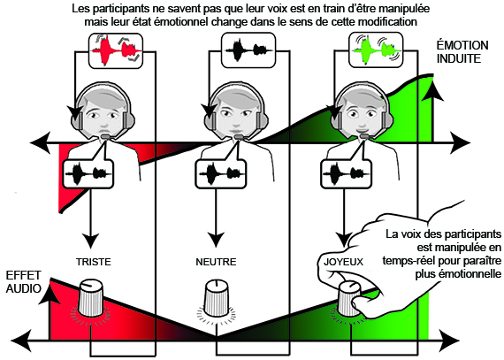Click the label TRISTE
[94, 262]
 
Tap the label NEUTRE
[216, 262]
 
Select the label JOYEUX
[343, 262]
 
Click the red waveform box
[116, 50]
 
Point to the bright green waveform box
[376, 50]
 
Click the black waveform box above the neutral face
[248, 50]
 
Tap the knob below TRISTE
[91, 298]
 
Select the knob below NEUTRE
[217, 298]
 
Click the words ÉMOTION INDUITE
[462, 52]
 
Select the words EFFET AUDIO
[24, 281]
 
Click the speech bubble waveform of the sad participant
[88, 174]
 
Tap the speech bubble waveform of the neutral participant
[221, 174]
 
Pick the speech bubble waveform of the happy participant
[347, 174]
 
